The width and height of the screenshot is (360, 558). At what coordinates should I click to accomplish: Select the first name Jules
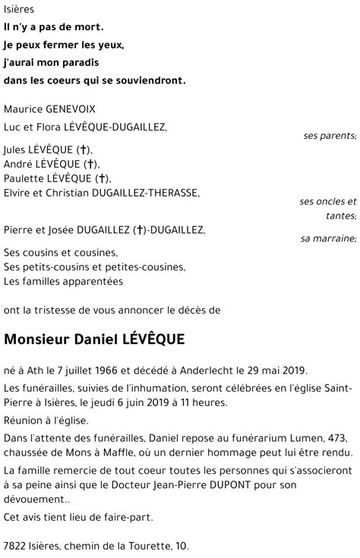point(17,149)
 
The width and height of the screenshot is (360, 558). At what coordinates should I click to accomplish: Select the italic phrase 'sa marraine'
point(327,239)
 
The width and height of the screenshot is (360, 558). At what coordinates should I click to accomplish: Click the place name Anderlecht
point(206,370)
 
